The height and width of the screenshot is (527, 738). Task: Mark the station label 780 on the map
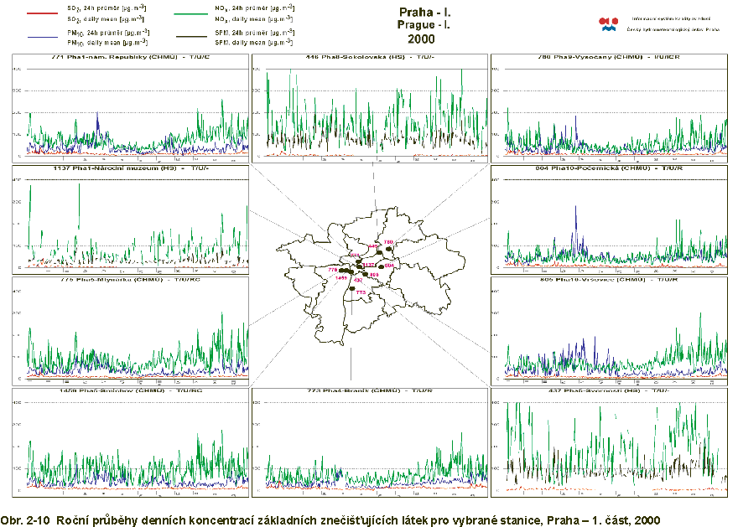(387, 242)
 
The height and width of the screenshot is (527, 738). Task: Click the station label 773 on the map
(361, 293)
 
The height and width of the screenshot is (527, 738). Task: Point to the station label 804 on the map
(389, 266)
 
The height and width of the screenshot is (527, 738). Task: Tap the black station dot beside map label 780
(388, 248)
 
